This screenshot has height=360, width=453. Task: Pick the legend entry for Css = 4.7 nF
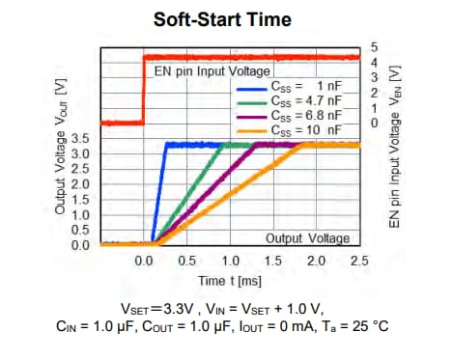click(306, 100)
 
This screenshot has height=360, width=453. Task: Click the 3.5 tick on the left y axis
click(81, 139)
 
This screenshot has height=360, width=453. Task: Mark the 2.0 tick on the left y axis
click(81, 184)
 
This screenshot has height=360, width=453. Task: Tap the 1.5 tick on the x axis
click(273, 262)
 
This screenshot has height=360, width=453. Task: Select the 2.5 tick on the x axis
click(358, 262)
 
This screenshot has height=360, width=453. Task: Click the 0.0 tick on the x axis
click(144, 262)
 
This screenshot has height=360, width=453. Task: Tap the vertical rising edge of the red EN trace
click(144, 92)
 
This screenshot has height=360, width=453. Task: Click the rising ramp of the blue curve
click(159, 193)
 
